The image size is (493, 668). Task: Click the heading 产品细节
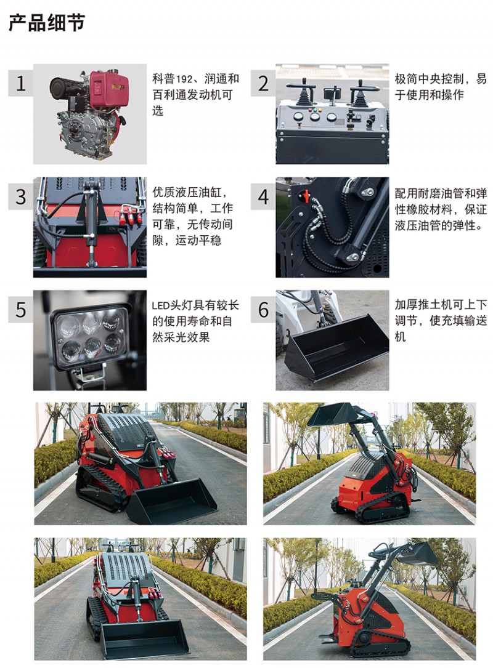point(47,23)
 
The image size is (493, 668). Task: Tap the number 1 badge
point(21,83)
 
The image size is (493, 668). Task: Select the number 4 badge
point(263,196)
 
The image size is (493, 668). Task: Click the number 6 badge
point(263,310)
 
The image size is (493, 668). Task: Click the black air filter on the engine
point(67,88)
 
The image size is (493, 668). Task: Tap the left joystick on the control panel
point(303,92)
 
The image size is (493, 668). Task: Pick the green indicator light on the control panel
point(316,110)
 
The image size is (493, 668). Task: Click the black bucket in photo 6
point(337,347)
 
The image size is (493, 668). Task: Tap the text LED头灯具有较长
point(195,305)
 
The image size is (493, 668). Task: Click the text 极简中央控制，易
point(441,79)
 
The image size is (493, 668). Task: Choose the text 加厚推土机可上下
point(441,305)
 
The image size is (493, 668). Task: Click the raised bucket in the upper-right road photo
point(333,414)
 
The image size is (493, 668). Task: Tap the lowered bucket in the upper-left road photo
point(172,501)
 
